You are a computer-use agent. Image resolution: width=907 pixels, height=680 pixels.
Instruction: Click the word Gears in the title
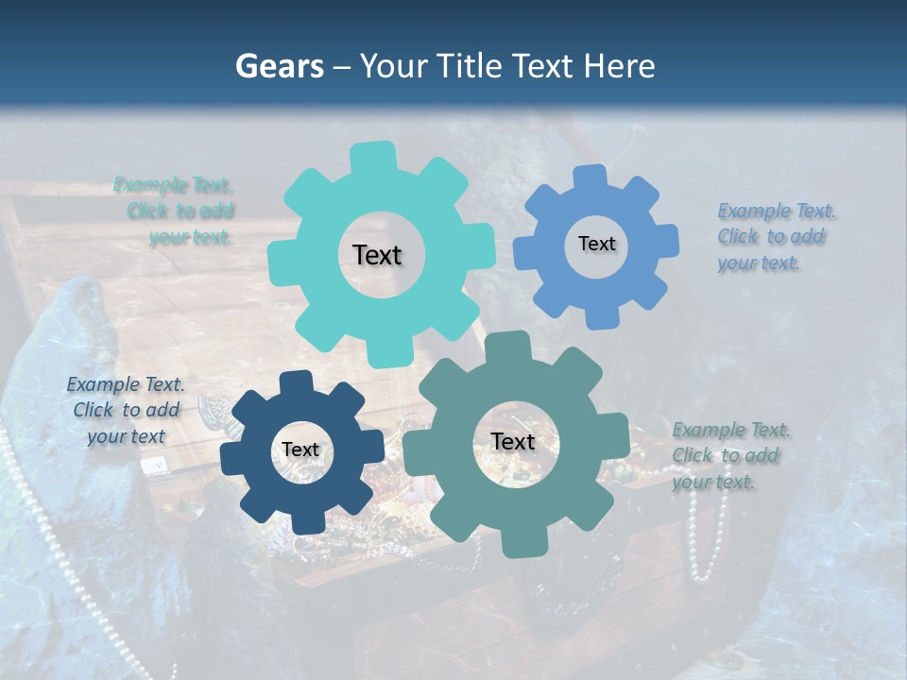(x=279, y=66)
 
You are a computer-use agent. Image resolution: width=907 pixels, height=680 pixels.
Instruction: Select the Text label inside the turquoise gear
(x=377, y=255)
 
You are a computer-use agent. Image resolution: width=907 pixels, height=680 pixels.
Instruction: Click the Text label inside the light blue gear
(x=596, y=244)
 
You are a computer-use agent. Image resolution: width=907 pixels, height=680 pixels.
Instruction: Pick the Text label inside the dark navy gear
(x=300, y=450)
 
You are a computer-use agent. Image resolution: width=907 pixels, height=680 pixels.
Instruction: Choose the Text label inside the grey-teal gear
(x=513, y=442)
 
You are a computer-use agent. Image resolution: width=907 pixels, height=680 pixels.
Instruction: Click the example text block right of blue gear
(x=776, y=236)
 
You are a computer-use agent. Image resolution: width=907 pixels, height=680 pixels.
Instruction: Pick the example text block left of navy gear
(x=126, y=410)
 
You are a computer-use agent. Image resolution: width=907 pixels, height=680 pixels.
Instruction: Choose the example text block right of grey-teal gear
(x=730, y=455)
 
